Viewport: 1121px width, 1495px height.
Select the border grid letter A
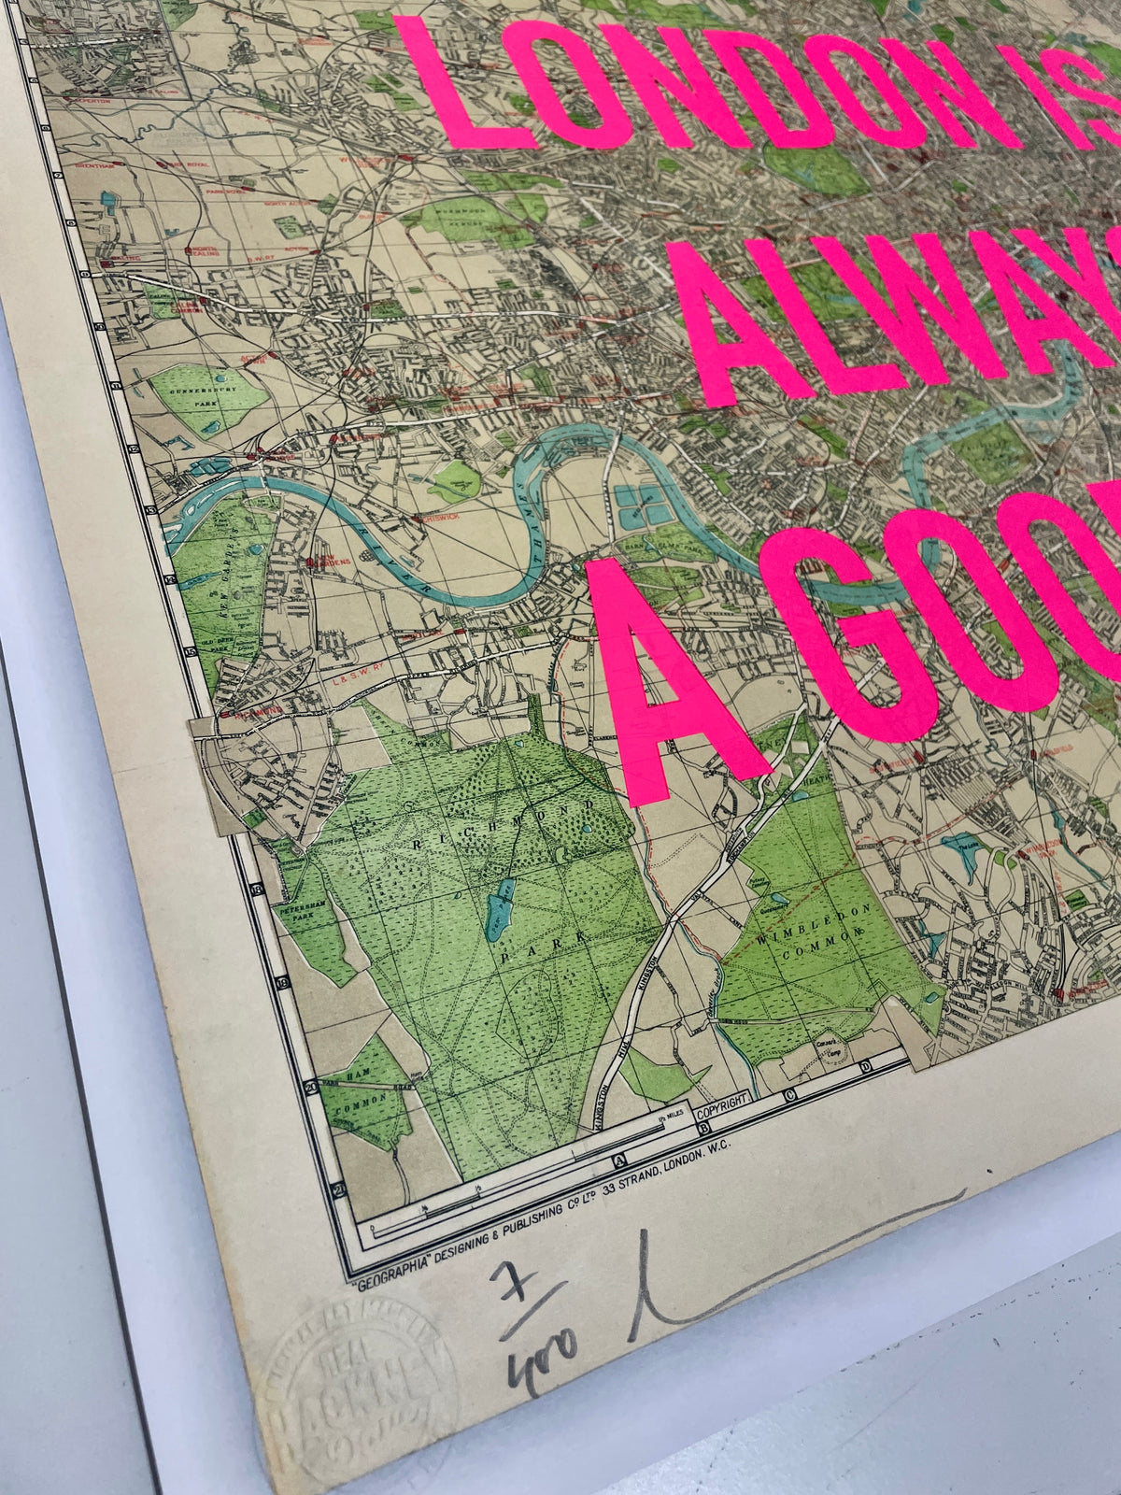pyautogui.click(x=617, y=1161)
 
